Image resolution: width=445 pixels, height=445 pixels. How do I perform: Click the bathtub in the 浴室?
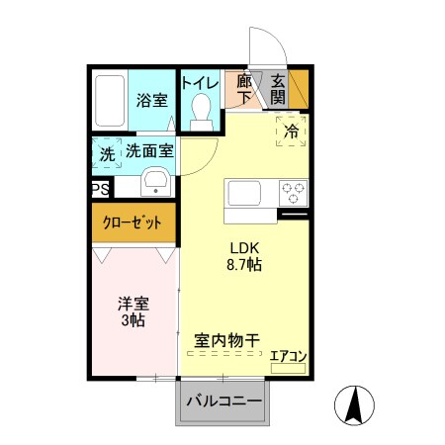click(x=110, y=100)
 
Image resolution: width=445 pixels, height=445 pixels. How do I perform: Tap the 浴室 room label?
click(x=151, y=101)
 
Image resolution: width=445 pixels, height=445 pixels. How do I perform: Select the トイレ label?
click(x=201, y=82)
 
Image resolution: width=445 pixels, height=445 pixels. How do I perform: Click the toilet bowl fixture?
click(x=202, y=111)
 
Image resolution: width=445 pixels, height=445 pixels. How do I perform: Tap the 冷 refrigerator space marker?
click(x=292, y=131)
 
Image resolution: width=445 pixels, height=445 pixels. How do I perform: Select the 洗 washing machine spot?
click(x=106, y=153)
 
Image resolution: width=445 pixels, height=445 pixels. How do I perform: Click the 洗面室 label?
click(x=149, y=151)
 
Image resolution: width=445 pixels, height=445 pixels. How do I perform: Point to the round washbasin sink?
click(x=155, y=182)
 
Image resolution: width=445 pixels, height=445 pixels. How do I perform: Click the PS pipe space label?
click(x=100, y=189)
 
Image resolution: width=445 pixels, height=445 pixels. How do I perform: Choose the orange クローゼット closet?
click(x=133, y=222)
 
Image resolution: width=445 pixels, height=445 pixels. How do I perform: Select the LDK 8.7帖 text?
click(x=245, y=255)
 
